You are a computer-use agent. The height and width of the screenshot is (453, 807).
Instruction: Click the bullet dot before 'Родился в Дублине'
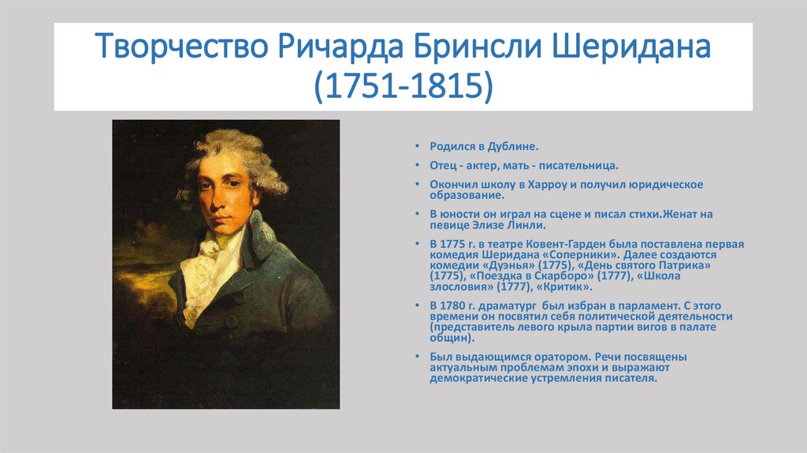coord(418,147)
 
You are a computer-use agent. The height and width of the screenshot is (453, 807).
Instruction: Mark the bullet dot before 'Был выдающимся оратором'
coord(418,357)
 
